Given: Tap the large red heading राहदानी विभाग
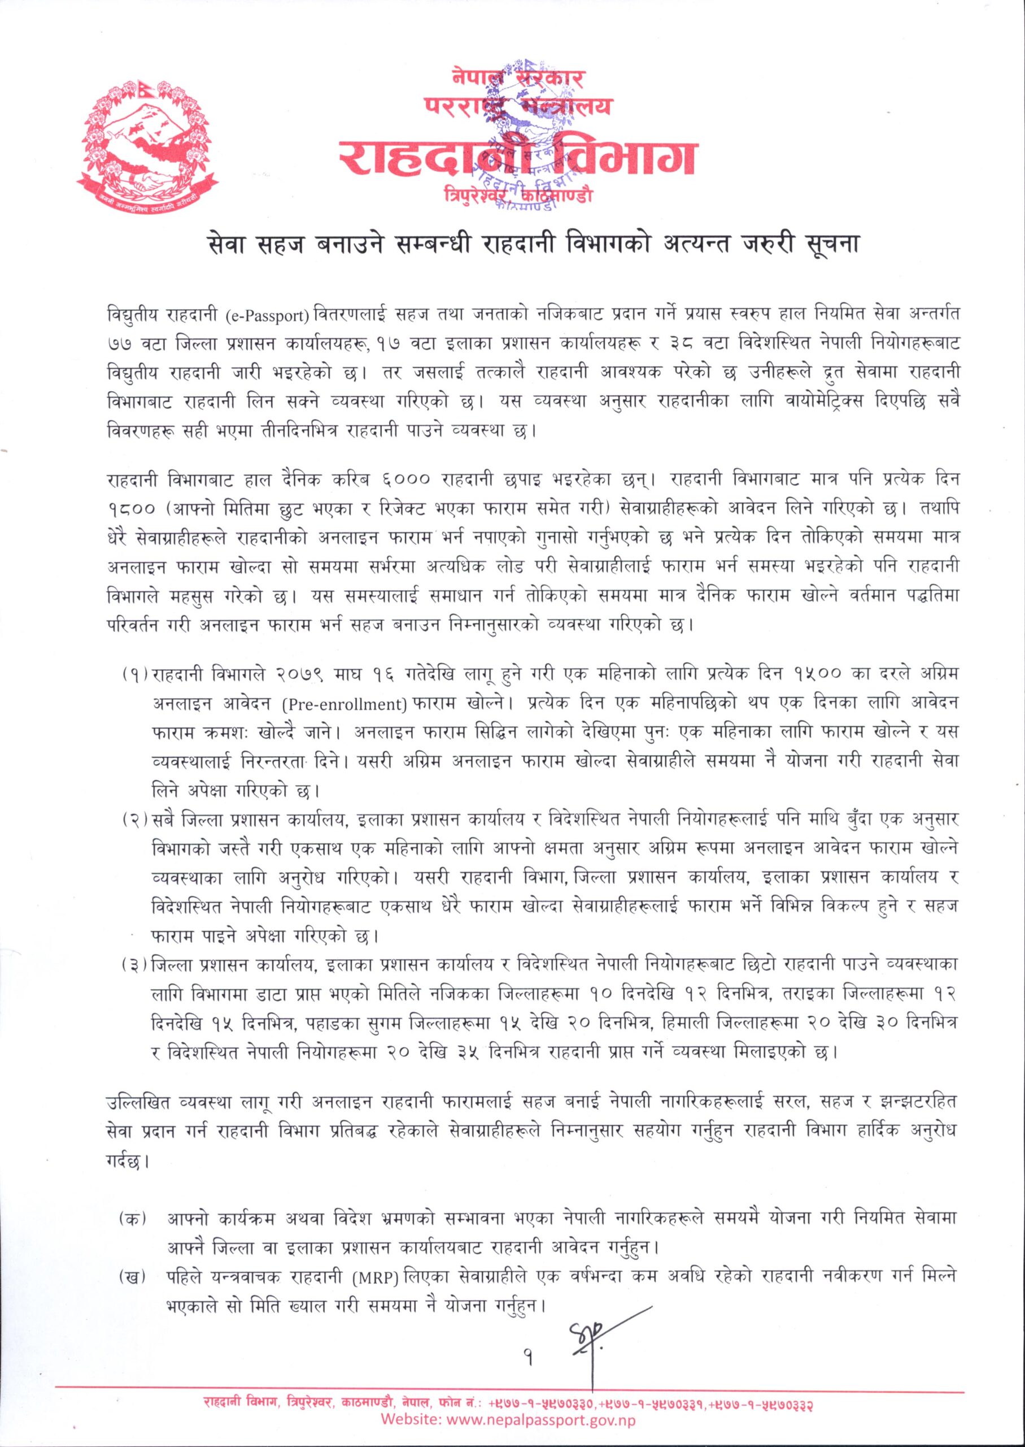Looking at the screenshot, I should pyautogui.click(x=511, y=156).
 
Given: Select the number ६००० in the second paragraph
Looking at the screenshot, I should pyautogui.click(x=407, y=480).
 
